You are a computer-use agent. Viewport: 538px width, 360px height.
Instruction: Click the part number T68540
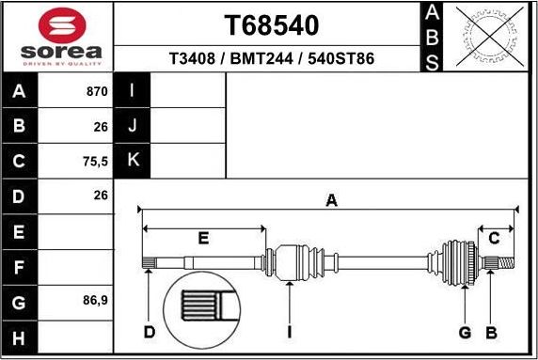click(271, 24)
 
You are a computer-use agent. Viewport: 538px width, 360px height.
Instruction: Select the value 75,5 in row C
click(95, 161)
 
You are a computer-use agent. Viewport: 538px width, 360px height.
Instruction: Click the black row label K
click(133, 161)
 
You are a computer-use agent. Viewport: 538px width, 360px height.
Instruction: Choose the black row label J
click(133, 126)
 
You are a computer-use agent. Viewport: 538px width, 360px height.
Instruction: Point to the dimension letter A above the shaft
click(330, 199)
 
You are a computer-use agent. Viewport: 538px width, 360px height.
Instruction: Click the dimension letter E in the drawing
click(203, 238)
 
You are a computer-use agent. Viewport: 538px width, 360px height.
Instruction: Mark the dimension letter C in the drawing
click(494, 238)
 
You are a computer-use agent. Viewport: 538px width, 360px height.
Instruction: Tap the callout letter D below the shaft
click(149, 332)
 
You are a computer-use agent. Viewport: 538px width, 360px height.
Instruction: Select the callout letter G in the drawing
click(464, 332)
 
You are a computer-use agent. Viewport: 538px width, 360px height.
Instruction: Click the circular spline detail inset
click(202, 310)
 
